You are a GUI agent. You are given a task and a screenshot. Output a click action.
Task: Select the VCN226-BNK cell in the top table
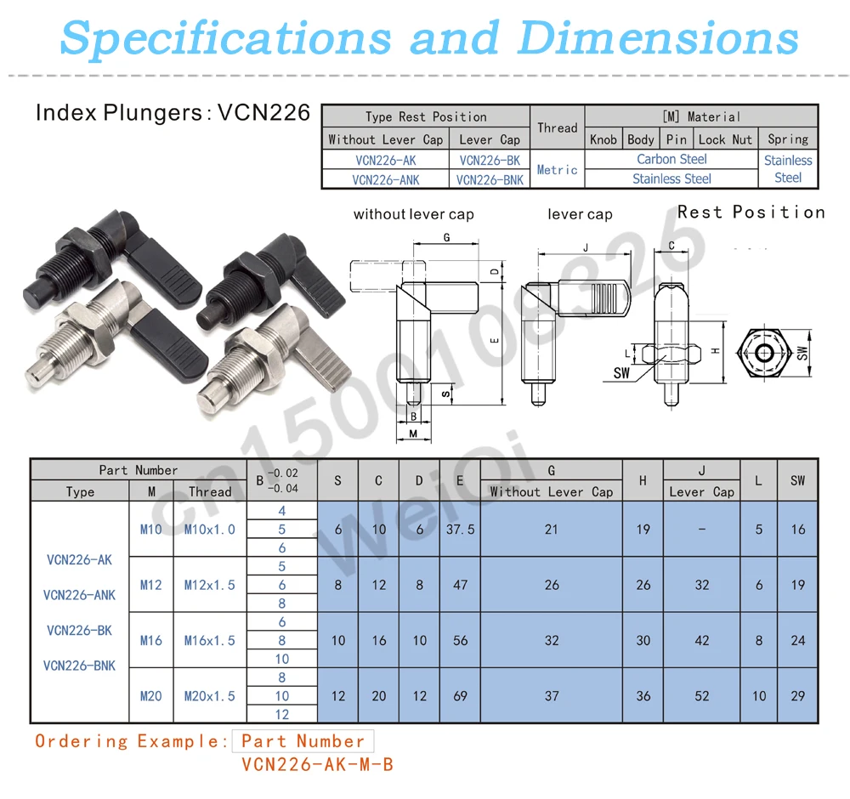489,179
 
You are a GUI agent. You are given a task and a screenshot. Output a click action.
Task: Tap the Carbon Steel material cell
671,159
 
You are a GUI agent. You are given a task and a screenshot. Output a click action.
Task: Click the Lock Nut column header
725,139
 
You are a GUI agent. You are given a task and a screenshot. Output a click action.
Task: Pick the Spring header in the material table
787,139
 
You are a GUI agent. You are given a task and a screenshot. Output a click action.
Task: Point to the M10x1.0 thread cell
210,530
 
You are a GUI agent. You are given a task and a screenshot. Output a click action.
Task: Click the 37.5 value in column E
460,530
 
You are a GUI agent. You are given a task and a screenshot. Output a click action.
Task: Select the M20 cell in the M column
150,696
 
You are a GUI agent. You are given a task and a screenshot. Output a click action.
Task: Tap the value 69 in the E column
460,696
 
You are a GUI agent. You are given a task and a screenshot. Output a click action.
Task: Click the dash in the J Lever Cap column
701,530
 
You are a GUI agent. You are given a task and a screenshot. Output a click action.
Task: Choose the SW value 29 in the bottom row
797,696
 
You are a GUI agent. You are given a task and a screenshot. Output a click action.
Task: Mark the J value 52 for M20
701,696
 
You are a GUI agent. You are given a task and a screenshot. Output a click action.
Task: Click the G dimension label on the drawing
446,238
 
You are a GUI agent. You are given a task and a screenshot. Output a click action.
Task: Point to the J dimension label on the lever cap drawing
586,247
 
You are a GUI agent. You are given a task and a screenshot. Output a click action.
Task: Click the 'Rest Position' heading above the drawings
751,212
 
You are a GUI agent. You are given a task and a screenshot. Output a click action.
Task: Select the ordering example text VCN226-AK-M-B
317,764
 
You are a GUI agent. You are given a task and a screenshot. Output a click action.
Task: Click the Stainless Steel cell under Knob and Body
671,178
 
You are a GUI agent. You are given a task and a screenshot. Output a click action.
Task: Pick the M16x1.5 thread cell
210,641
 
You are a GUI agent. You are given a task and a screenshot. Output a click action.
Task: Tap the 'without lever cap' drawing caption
414,215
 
